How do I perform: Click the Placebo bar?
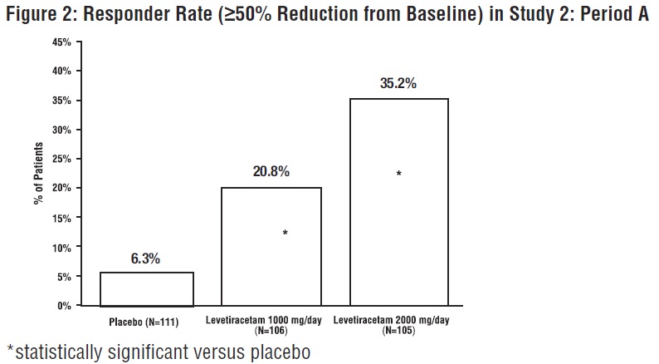[x=147, y=289]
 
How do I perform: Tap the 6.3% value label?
[x=145, y=258]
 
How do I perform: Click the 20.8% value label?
[x=270, y=171]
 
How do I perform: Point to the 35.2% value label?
[x=399, y=84]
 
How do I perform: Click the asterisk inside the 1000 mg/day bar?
[x=286, y=234]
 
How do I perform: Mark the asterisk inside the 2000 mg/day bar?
[x=399, y=175]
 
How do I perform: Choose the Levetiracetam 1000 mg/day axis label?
[x=271, y=320]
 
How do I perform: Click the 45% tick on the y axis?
[x=61, y=42]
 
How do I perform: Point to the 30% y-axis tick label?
[x=61, y=130]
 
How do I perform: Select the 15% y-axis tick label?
[x=61, y=218]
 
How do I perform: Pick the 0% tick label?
[x=63, y=306]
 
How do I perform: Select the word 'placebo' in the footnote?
[x=276, y=352]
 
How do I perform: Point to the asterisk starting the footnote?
[x=11, y=349]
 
